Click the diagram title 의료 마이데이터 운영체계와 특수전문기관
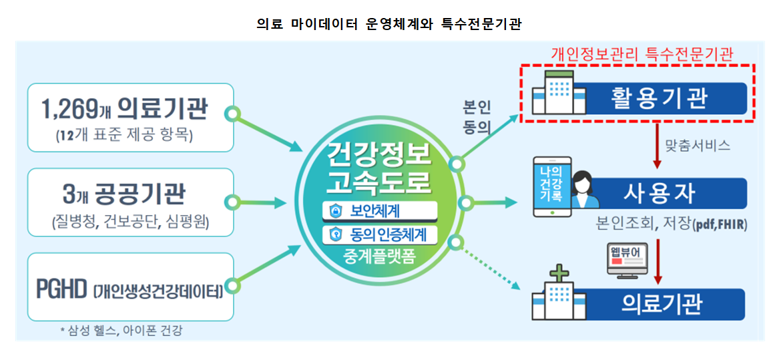(388, 25)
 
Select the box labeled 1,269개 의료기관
(130, 118)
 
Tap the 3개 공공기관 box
(130, 202)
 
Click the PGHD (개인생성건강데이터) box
(130, 287)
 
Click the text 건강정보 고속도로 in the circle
(379, 170)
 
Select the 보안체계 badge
(379, 212)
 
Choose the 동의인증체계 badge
(379, 234)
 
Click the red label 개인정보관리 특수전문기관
(641, 54)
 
